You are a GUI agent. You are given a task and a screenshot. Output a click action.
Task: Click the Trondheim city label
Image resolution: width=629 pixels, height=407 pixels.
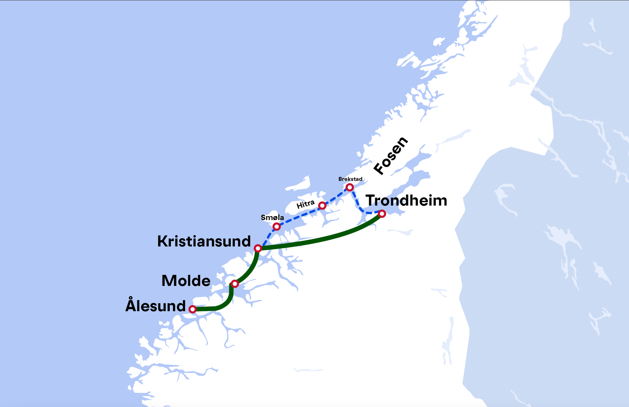pyautogui.click(x=406, y=200)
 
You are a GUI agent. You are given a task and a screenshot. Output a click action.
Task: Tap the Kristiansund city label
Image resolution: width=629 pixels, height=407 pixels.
pyautogui.click(x=204, y=241)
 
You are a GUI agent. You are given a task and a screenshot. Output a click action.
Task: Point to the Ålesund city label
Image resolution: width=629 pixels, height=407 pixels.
pyautogui.click(x=155, y=306)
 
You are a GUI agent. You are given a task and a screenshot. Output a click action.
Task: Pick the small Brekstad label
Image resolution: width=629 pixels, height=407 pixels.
pyautogui.click(x=350, y=179)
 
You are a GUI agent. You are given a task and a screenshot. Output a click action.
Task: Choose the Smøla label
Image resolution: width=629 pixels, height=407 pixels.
pyautogui.click(x=272, y=218)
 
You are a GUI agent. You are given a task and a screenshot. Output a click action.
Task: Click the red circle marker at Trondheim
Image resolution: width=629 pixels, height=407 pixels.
pyautogui.click(x=382, y=213)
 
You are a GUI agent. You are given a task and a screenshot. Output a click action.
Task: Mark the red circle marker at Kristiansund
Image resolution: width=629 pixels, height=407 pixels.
pyautogui.click(x=258, y=248)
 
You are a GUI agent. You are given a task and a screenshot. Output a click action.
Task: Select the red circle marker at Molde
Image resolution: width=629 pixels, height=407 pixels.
pyautogui.click(x=235, y=284)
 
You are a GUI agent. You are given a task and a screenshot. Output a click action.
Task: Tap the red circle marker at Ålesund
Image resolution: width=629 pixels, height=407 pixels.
pyautogui.click(x=192, y=309)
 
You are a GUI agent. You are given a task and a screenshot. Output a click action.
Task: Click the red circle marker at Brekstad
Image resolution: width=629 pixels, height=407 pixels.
pyautogui.click(x=350, y=187)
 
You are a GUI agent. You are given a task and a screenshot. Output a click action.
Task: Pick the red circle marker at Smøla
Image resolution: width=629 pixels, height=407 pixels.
pyautogui.click(x=276, y=226)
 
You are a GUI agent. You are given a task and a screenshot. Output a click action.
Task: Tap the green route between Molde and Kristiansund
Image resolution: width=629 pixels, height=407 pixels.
pyautogui.click(x=251, y=269)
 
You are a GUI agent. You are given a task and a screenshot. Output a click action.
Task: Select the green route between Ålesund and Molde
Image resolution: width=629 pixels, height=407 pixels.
pyautogui.click(x=225, y=304)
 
